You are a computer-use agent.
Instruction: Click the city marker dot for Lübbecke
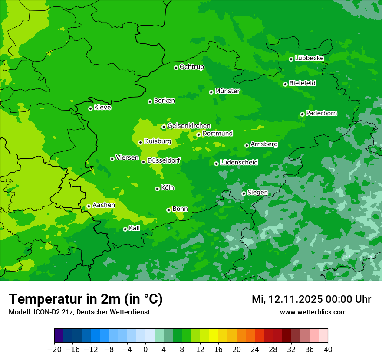tap(291, 59)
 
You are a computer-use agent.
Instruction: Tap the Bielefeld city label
tap(302, 83)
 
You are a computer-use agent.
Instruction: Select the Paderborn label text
tap(321, 113)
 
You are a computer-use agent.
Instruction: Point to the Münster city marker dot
tap(211, 92)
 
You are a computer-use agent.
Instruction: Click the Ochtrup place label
tap(191, 67)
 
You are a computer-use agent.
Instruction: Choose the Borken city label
tap(164, 101)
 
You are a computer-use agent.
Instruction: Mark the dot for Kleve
tap(90, 108)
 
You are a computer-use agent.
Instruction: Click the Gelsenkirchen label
tap(189, 126)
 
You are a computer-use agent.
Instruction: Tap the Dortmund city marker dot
tap(198, 134)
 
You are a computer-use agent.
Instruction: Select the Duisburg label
tap(158, 141)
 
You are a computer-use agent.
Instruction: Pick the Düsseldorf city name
tap(164, 160)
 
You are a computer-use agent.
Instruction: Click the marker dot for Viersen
tap(112, 159)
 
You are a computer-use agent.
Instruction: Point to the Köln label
tap(167, 188)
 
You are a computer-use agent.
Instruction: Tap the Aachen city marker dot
tap(89, 206)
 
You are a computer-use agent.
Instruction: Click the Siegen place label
tap(257, 193)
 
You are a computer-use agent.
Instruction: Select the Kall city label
tap(134, 228)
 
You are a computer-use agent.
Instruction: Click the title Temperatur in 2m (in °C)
tap(86, 299)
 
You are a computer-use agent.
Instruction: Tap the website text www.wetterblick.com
tap(313, 312)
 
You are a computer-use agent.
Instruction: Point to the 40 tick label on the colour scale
tap(328, 350)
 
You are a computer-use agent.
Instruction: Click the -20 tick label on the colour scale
tap(54, 350)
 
